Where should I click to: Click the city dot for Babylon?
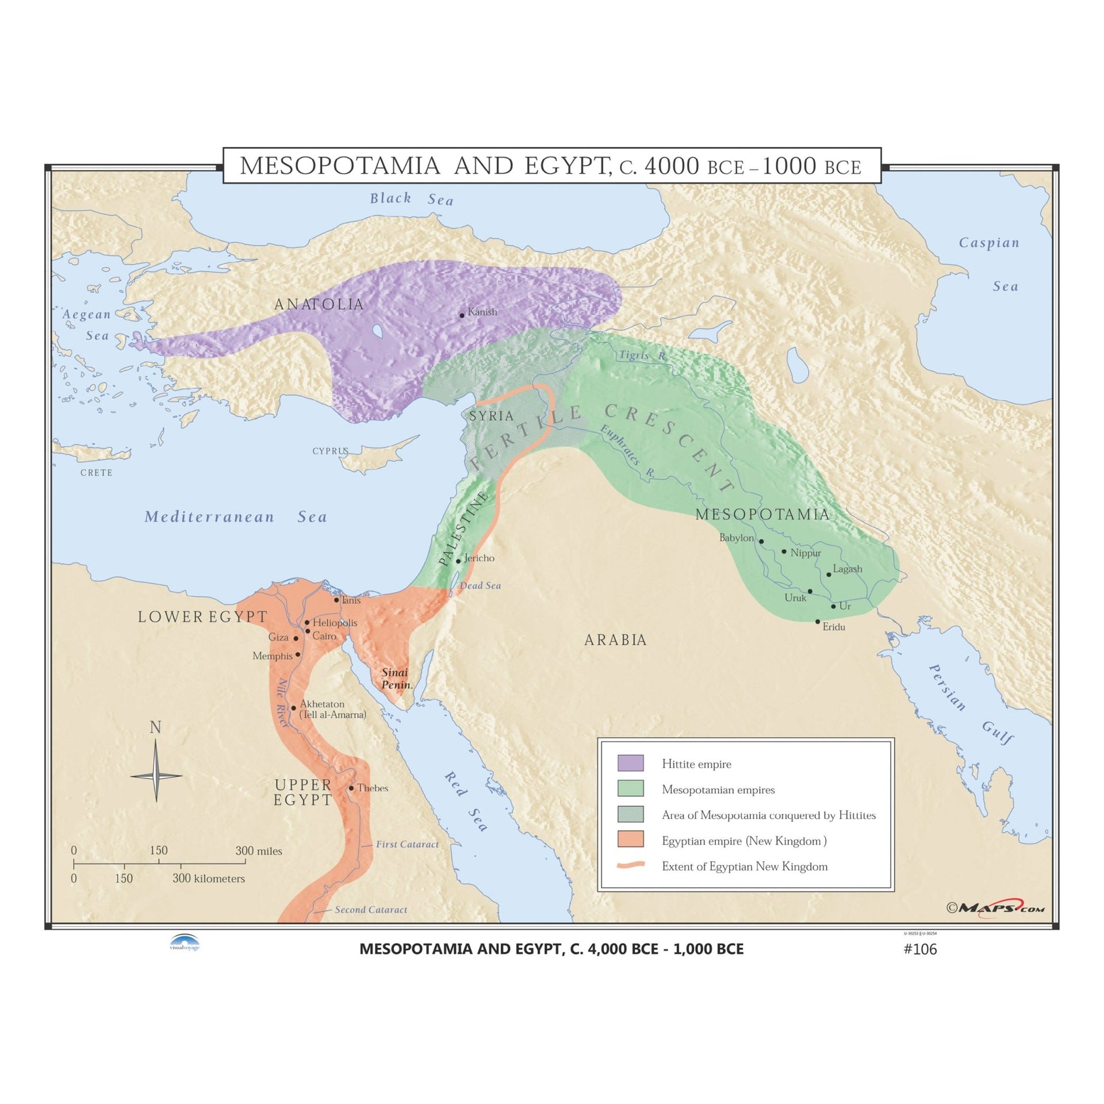[x=761, y=541]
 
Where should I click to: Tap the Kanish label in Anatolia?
[x=482, y=312]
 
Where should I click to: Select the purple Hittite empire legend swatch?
[x=630, y=763]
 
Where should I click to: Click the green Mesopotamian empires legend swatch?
[x=630, y=788]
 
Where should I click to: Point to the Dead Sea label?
[x=480, y=585]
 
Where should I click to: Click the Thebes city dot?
[x=351, y=788]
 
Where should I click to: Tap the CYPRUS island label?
[x=330, y=451]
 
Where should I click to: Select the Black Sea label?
[x=411, y=199]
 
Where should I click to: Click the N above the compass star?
[x=155, y=727]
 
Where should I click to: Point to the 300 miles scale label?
[x=259, y=851]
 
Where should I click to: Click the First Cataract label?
[x=407, y=844]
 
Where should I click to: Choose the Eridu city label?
[x=834, y=627]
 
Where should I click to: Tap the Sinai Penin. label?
[x=396, y=678]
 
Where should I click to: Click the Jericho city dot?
[x=458, y=561]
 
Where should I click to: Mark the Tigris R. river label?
[x=642, y=355]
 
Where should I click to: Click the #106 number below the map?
[x=920, y=949]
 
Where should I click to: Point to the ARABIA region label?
[x=615, y=639]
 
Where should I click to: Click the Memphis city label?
[x=272, y=655]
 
